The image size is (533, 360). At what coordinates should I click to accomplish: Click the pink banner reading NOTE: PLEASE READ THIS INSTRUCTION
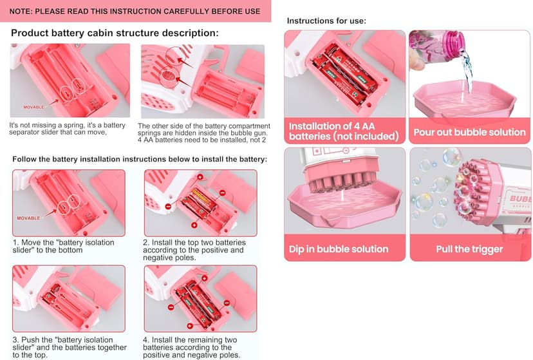pos(135,11)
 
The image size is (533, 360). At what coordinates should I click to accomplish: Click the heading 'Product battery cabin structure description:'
pos(115,33)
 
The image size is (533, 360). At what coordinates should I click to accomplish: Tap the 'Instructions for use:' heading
pos(326,21)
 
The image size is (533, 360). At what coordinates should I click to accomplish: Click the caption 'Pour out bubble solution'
pos(469,132)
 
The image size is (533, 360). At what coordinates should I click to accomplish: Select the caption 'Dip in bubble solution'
pos(339,249)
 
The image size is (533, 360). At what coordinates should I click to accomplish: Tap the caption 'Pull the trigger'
pos(469,249)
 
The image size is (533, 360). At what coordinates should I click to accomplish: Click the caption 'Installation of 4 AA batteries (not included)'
pos(344,131)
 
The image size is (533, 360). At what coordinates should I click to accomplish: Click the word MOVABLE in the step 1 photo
pos(28,218)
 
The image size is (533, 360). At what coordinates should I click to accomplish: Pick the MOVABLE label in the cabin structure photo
pos(33,107)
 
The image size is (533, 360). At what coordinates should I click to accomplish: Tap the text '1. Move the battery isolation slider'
pos(64,246)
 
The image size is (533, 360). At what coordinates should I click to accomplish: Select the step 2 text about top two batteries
pos(194,250)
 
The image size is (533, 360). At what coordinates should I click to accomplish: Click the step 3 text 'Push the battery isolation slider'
pos(70,347)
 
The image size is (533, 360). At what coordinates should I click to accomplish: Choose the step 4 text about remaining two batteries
pos(191,347)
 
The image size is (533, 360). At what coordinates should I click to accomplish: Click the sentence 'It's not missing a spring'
pos(68,129)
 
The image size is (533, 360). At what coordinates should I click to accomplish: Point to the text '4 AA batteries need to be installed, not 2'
pos(202,140)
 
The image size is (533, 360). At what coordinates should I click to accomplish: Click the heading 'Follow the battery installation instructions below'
pos(140,159)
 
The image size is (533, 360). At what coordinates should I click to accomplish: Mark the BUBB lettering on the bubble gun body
pos(520,198)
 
